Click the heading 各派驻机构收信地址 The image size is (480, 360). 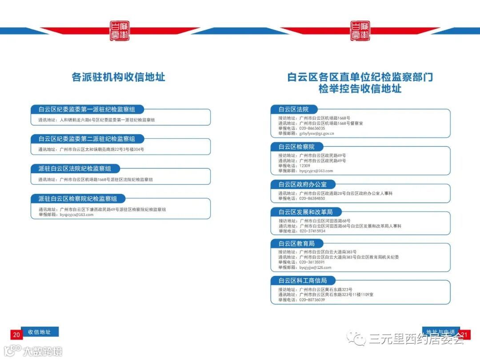[x=118, y=77]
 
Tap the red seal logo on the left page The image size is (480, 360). [x=120, y=31]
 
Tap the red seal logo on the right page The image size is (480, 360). [x=360, y=31]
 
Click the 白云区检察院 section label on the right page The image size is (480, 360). [x=296, y=147]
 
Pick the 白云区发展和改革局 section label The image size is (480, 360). [x=305, y=212]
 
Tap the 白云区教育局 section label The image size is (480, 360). [x=296, y=244]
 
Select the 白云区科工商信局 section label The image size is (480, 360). [x=303, y=280]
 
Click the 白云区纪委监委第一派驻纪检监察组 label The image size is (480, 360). [x=87, y=109]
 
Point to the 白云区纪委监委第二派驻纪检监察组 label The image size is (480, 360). [x=87, y=139]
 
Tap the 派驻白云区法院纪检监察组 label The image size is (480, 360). [x=75, y=168]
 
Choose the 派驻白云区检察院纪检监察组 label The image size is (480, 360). [x=78, y=199]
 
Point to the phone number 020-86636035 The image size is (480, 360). [x=312, y=128]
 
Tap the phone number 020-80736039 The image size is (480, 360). [x=312, y=300]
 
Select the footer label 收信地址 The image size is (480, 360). [x=40, y=332]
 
